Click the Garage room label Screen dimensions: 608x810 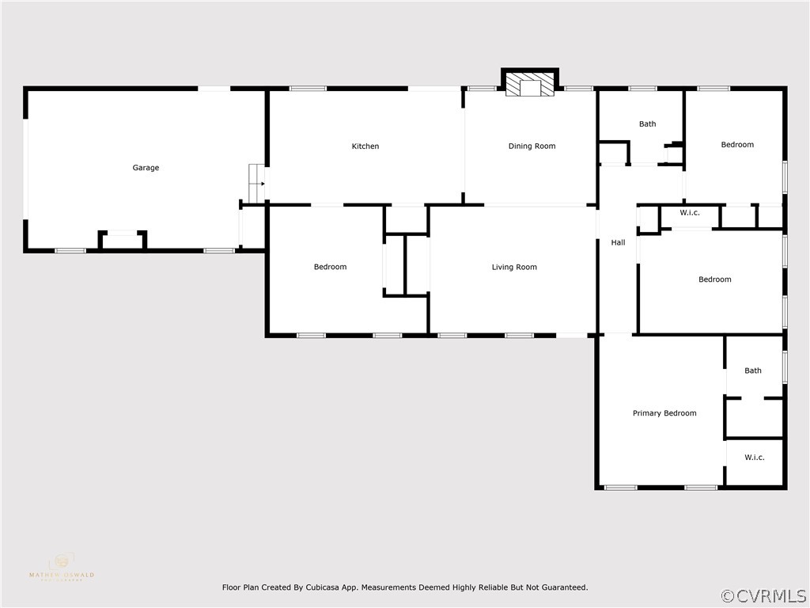tap(146, 168)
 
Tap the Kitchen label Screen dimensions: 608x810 tap(365, 146)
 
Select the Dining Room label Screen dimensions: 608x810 tap(532, 146)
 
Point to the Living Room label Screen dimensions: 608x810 tap(514, 268)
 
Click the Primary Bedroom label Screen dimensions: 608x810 tap(664, 413)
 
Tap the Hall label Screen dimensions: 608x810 tap(618, 243)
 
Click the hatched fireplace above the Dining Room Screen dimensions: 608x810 tap(530, 85)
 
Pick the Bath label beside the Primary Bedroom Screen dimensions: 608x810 tap(753, 370)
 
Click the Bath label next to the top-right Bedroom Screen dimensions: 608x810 tap(648, 124)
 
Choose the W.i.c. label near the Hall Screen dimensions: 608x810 tap(690, 212)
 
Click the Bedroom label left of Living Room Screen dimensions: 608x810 tap(330, 268)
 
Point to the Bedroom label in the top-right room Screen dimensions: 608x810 tap(737, 145)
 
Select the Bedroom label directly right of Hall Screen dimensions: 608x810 tap(714, 279)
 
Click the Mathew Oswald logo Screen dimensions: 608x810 tap(61, 568)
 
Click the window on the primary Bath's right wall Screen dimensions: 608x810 tap(784, 367)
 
